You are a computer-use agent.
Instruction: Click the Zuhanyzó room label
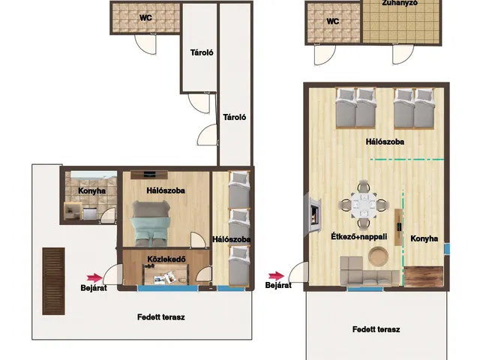tap(400, 3)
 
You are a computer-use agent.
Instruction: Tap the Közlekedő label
tap(166, 259)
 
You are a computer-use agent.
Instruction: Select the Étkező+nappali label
tap(358, 237)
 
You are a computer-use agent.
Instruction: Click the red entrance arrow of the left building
tap(94, 277)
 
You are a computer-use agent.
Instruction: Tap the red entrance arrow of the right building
tap(276, 276)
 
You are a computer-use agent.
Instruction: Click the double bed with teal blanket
tap(151, 223)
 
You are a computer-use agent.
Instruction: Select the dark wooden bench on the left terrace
tap(53, 281)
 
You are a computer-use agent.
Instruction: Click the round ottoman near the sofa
tap(378, 256)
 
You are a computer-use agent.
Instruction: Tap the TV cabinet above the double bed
tap(149, 175)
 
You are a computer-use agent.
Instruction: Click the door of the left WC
tap(145, 44)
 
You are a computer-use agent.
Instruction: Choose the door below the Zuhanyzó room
tap(403, 54)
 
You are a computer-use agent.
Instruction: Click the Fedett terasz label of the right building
tap(376, 329)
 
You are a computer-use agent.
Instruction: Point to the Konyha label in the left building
tap(91, 191)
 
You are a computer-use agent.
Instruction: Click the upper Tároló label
tap(202, 52)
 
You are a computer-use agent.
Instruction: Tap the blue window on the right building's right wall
tap(447, 249)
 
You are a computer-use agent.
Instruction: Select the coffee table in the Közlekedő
tap(166, 274)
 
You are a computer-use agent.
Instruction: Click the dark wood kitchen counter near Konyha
tap(424, 277)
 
